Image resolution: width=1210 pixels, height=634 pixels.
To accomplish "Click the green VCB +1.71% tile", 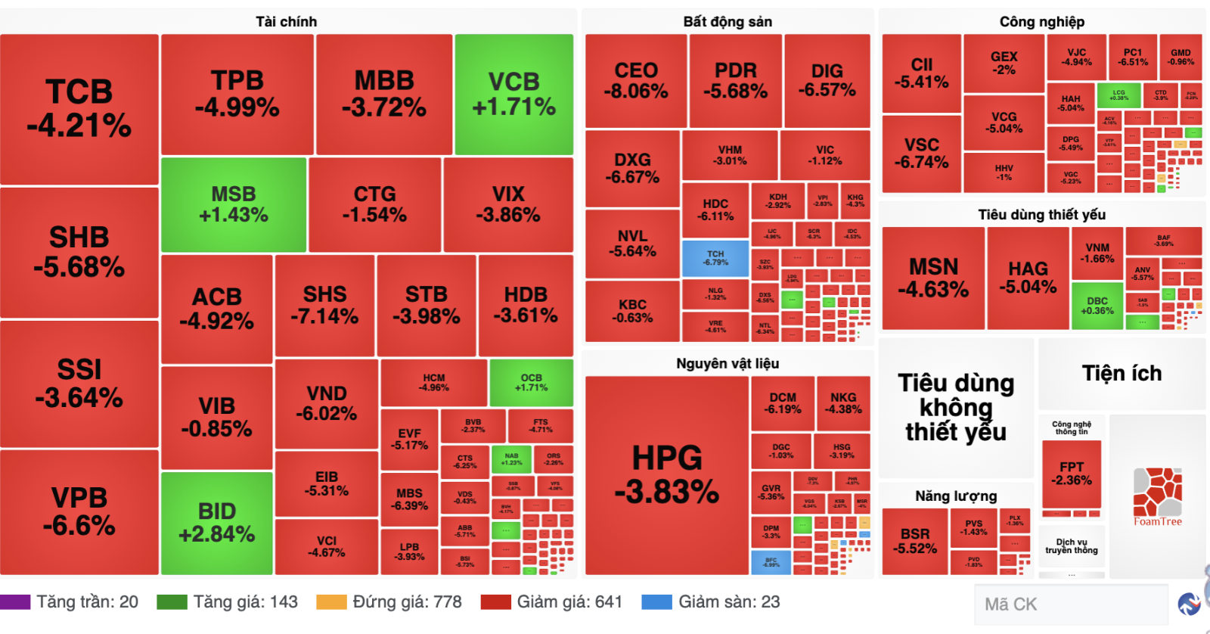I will point(514,95).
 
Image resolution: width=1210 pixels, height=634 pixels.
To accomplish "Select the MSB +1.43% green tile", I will point(234,205).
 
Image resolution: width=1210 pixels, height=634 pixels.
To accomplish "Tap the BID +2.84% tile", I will point(217,523).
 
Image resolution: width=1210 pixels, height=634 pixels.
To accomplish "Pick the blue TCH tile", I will point(715,258).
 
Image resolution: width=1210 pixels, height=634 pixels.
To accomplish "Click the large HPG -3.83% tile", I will point(667,475).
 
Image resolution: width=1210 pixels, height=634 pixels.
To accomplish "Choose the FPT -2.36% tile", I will point(1072,474).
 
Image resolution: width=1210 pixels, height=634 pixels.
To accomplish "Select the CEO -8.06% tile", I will point(636,81).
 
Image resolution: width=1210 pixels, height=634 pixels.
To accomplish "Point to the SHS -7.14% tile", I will point(324,305).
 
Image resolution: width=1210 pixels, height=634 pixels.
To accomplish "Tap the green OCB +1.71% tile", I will point(531,382).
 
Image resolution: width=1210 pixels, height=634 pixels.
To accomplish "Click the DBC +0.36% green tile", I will point(1097,306).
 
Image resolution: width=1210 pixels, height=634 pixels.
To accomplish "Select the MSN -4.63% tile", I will point(933,278).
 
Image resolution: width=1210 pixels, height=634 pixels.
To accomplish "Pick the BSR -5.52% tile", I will point(915,541).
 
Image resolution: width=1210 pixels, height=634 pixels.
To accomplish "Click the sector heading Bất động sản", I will point(728,22).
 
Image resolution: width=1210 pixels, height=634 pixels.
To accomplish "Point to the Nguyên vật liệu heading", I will point(728,364).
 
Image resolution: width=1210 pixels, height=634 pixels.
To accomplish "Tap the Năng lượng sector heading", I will point(956,496).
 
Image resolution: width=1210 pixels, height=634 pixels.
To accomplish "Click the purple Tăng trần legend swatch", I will point(15,602).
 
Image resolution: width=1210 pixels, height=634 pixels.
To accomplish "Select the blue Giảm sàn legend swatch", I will point(656,602).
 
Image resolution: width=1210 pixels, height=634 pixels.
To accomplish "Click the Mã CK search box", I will point(1070,604).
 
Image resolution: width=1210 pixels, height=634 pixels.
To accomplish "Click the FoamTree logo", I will point(1157,496).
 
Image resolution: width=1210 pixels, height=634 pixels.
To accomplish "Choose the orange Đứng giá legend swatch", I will point(331,602).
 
